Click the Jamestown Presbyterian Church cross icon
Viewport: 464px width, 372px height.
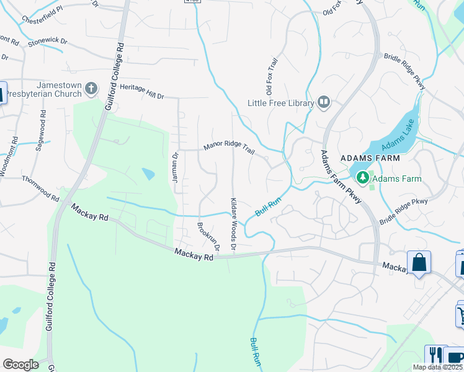click(x=91, y=89)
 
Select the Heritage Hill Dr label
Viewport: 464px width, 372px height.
click(x=141, y=92)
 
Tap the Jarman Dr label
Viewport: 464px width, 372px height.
click(x=175, y=168)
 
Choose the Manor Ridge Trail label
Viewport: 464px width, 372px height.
click(x=230, y=149)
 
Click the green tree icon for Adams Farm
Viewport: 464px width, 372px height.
click(x=362, y=179)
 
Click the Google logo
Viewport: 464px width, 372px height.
click(x=20, y=364)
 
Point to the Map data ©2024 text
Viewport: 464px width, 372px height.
click(x=437, y=367)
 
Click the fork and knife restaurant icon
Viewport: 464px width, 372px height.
click(x=436, y=356)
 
